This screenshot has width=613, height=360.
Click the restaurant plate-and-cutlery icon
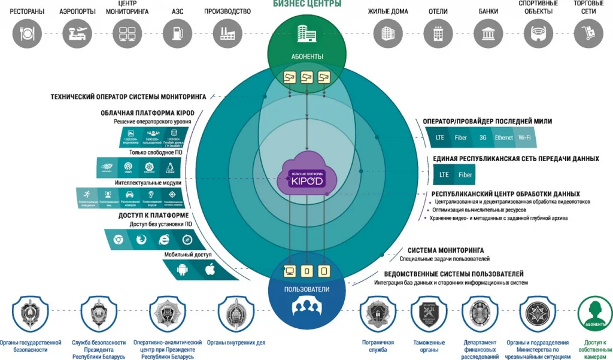pos(26,34)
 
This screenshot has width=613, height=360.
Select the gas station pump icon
pos(177,34)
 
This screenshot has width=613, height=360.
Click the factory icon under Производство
pos(227,34)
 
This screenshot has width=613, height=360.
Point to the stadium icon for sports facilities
pos(538,34)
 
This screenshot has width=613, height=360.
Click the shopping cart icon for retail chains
pos(588,34)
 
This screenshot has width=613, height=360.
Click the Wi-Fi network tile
pos(524,138)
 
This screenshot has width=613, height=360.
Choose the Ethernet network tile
pos(503,138)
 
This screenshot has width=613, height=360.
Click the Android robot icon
pos(182,270)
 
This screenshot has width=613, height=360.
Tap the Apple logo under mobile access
pos(210,270)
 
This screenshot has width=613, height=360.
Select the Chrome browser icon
pos(119,240)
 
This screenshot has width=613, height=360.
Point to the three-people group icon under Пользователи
pos(306,307)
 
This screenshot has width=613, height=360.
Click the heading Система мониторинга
pos(446,250)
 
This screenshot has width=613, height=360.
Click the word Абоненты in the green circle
pos(306,57)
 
